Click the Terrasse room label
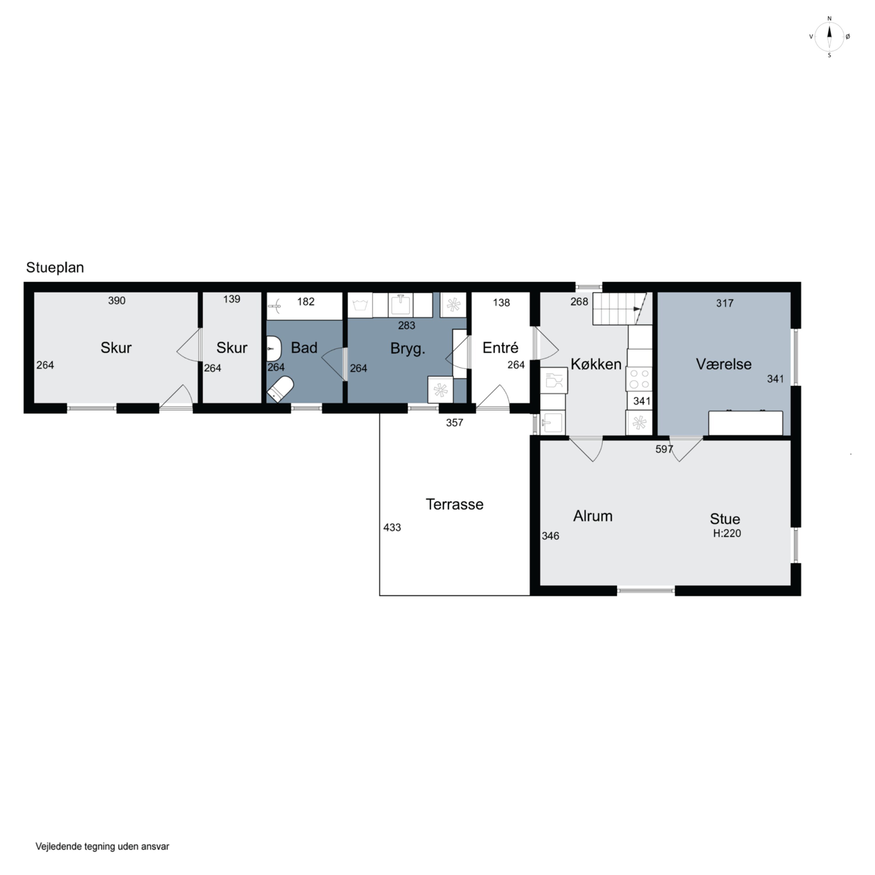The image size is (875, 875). (454, 504)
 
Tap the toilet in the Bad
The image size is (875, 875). (280, 388)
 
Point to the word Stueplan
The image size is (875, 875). (55, 267)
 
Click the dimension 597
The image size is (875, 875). (664, 449)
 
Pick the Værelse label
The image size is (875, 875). (723, 364)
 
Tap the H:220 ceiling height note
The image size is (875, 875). (727, 533)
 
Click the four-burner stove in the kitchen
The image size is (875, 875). (638, 379)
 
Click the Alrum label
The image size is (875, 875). (593, 516)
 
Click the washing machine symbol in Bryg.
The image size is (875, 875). (360, 305)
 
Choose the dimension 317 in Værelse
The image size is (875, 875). (724, 303)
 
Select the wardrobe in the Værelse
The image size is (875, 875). (745, 423)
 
